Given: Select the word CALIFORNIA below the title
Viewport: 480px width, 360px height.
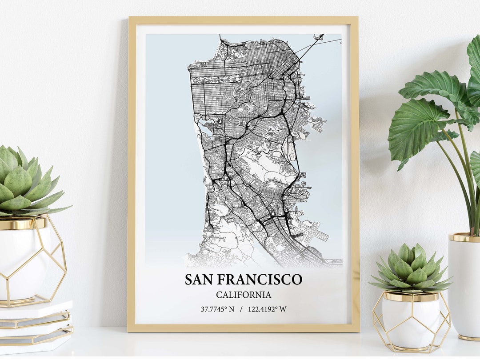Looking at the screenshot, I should (x=244, y=295).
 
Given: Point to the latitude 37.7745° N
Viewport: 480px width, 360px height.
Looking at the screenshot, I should (x=217, y=309).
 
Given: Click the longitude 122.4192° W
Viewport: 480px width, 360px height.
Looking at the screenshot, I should (x=267, y=309).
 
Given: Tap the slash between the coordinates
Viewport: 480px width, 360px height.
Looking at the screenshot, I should (x=241, y=309).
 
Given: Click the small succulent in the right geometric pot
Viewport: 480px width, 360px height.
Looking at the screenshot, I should (x=411, y=268).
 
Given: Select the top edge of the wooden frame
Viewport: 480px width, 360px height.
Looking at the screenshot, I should (x=243, y=20).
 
